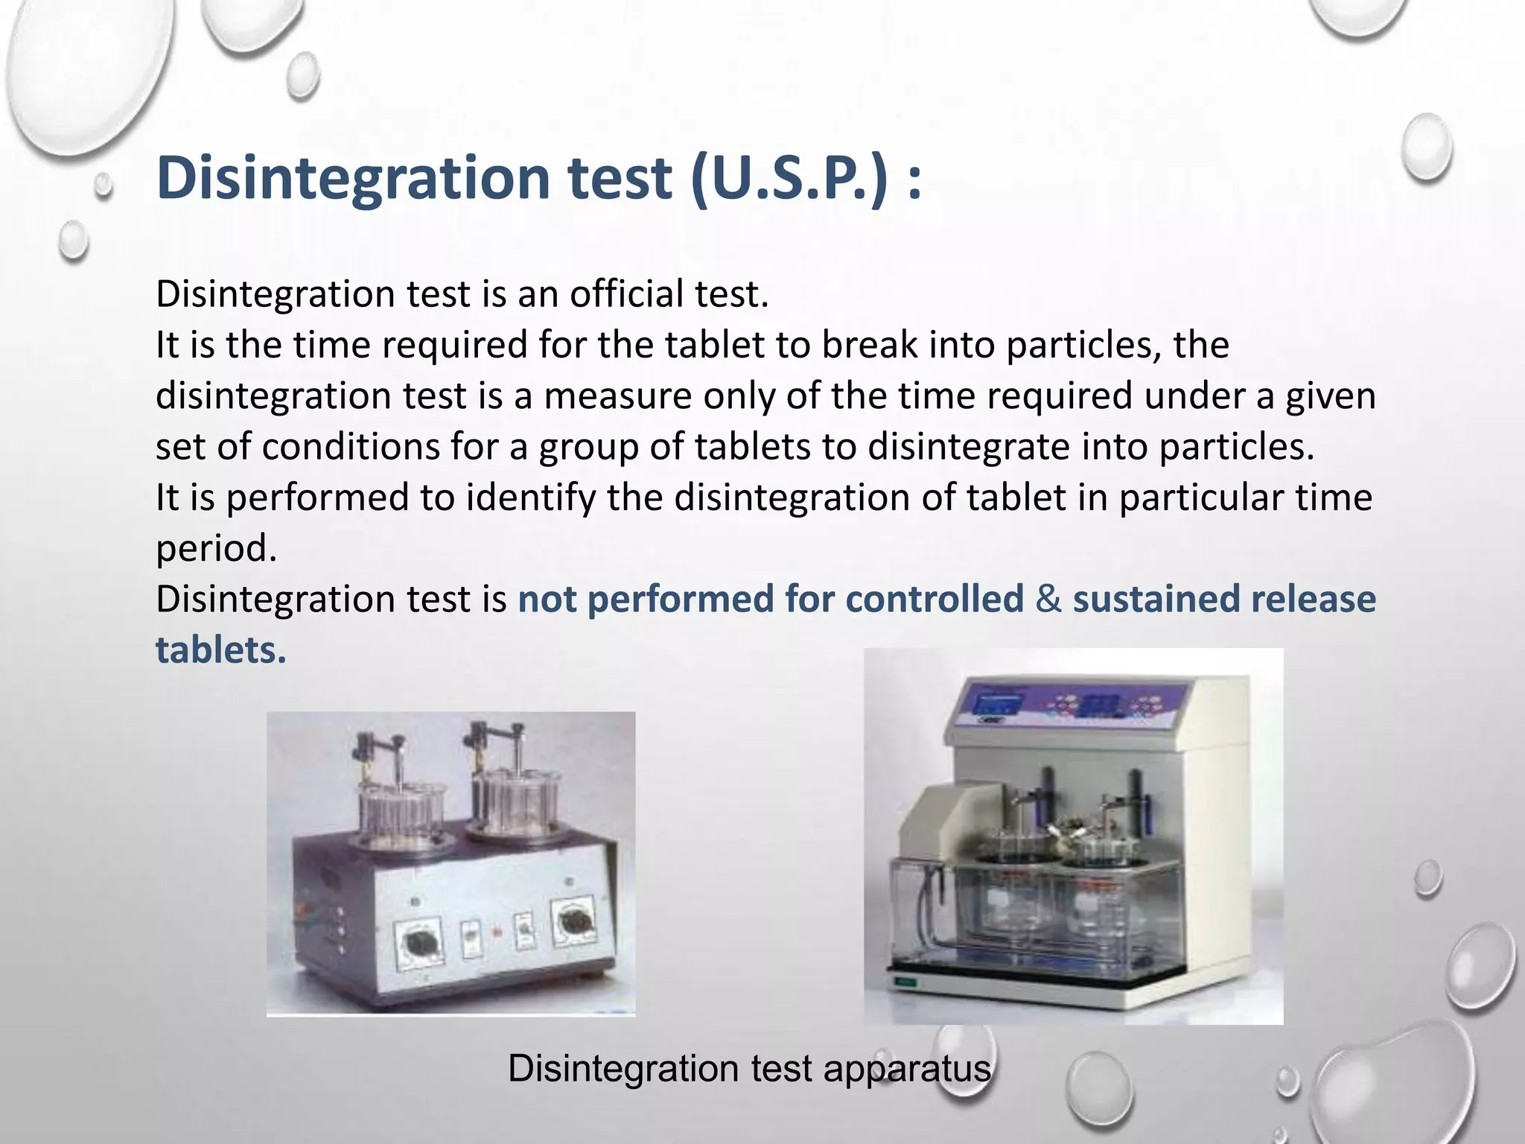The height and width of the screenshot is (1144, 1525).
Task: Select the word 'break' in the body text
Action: (867, 345)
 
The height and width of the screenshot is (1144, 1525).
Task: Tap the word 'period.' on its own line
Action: (216, 549)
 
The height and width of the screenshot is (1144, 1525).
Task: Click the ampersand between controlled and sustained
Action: (1048, 600)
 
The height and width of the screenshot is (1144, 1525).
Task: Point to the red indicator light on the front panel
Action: (496, 931)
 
